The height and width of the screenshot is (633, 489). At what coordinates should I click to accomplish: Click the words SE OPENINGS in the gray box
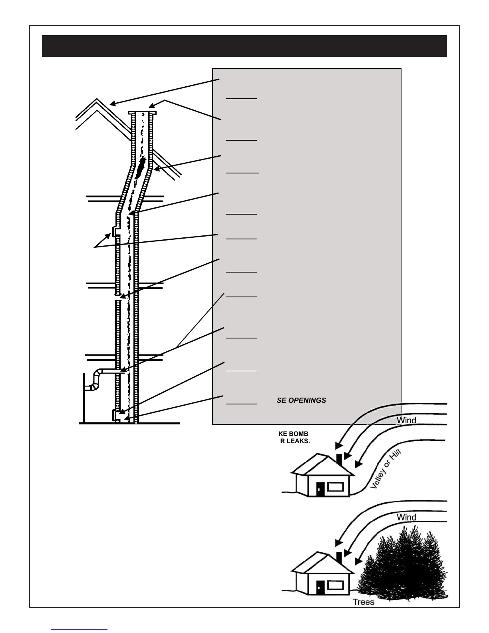(301, 400)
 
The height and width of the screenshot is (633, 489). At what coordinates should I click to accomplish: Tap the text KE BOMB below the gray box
(293, 434)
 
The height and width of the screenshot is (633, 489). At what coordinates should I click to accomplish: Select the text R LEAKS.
(295, 442)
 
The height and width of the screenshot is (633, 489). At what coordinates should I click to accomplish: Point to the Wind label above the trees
(407, 517)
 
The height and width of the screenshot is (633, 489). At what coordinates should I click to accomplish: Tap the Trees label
(364, 602)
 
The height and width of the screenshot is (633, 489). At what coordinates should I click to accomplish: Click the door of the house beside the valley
(320, 489)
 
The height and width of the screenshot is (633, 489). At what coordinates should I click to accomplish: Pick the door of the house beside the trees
(320, 587)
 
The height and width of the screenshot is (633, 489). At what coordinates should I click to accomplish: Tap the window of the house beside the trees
(336, 585)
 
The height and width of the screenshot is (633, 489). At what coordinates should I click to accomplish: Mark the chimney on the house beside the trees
(339, 557)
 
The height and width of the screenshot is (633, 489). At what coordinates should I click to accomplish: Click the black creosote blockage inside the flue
(140, 168)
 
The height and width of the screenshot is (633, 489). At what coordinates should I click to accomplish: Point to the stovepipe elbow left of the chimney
(96, 378)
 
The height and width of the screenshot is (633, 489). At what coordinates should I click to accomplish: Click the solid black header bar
(244, 46)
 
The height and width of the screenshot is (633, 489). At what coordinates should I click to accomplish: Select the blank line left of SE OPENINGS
(241, 404)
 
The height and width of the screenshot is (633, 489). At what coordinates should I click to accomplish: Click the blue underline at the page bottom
(80, 629)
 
